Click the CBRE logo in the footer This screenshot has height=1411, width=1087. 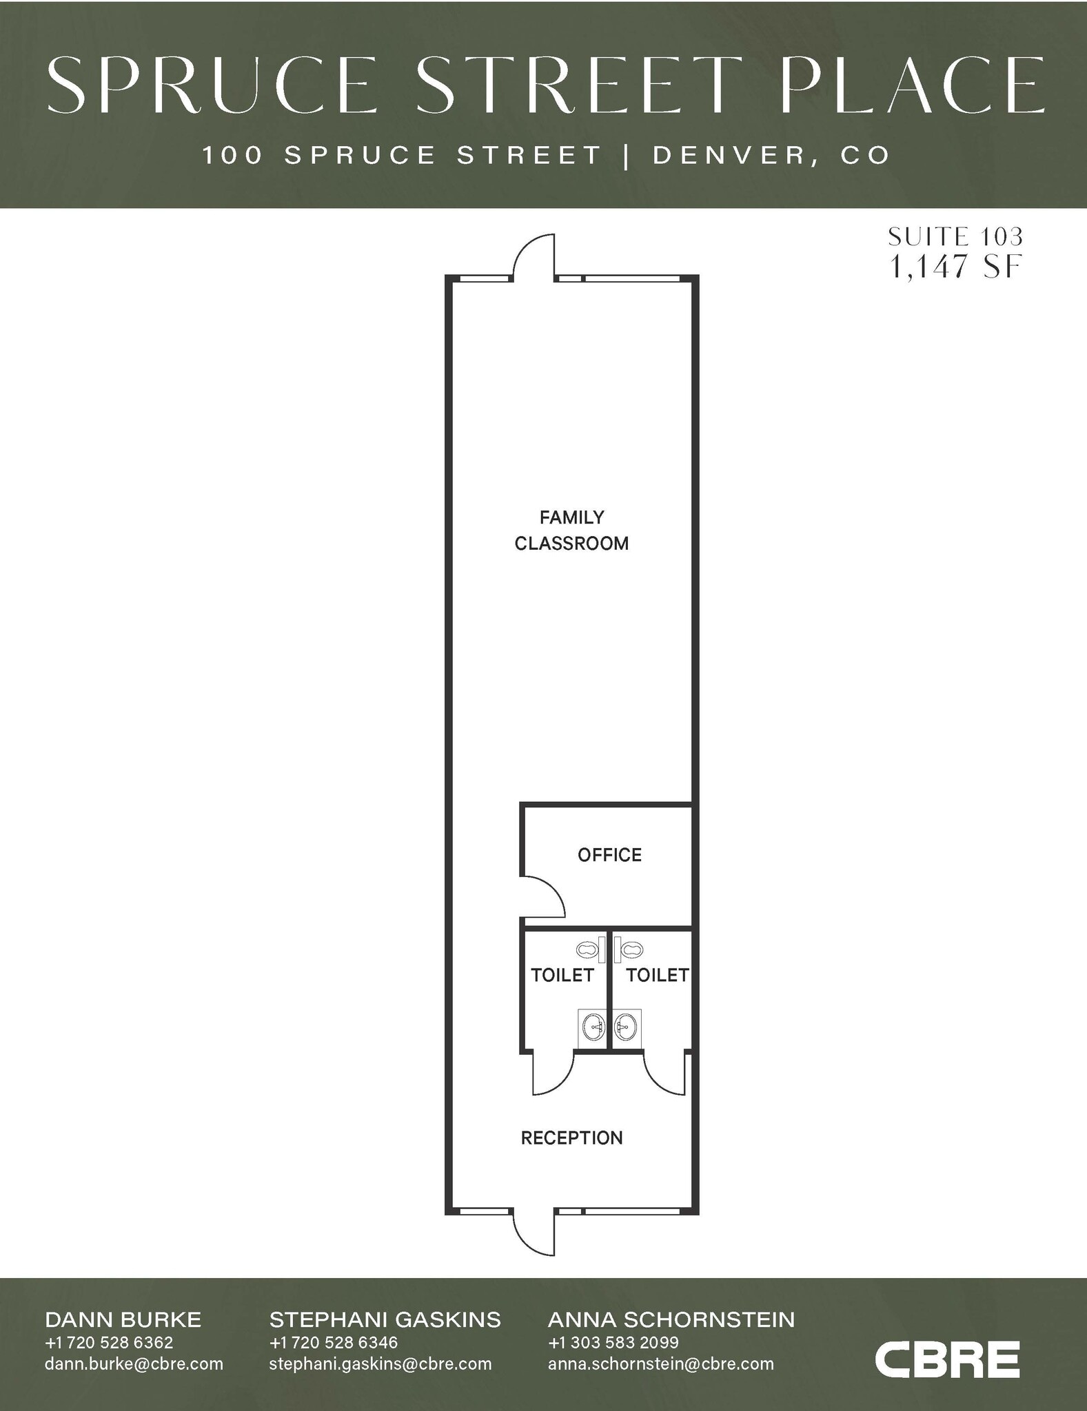pos(946,1359)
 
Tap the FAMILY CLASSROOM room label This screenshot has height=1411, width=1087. pos(571,531)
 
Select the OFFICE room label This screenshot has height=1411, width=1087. pos(609,855)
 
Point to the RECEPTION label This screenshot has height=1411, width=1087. pos(571,1138)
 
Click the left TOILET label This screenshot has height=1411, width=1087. pos(562,975)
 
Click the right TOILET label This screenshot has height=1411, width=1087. pos(657,975)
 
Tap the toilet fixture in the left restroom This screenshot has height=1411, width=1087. pos(587,950)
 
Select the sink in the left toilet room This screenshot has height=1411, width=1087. pos(593,1029)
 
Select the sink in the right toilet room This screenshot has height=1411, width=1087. pos(626,1029)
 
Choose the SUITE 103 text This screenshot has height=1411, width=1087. pos(955,237)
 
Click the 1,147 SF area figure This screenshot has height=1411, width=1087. pos(955,267)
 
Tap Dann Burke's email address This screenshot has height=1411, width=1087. pos(134,1363)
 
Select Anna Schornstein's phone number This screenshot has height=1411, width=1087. pos(613,1342)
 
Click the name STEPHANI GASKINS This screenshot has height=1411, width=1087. pos(385,1319)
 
